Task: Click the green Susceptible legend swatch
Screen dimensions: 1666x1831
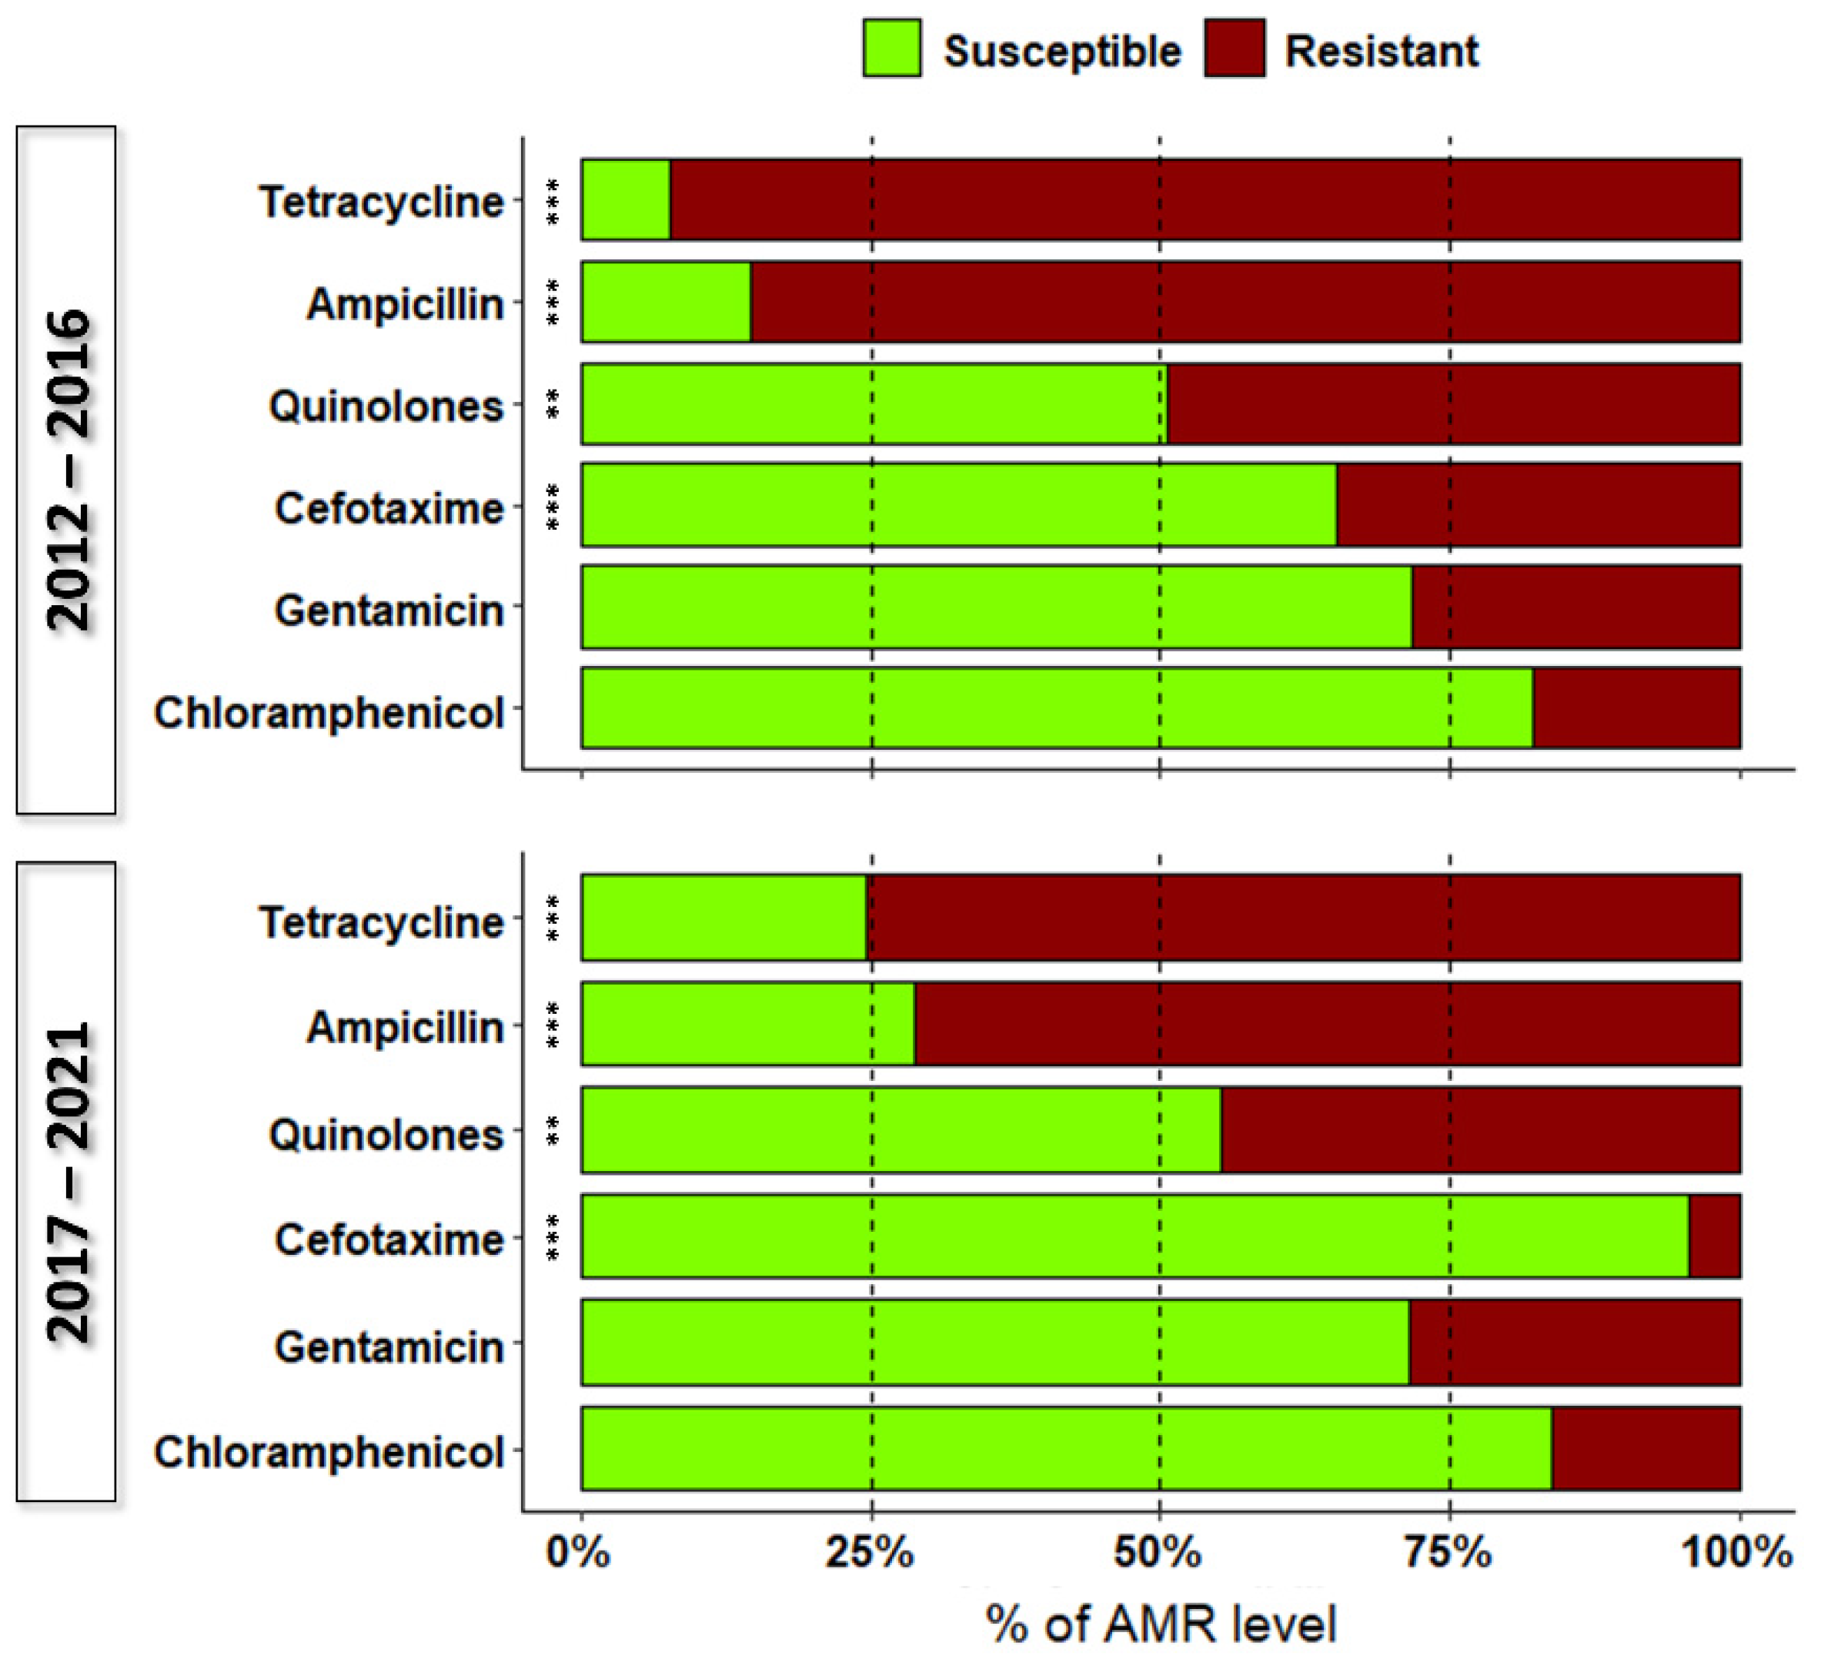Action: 891,49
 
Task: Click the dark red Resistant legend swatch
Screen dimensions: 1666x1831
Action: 1235,49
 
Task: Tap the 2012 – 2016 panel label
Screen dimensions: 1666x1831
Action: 66,470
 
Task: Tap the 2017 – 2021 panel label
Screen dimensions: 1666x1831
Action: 66,1181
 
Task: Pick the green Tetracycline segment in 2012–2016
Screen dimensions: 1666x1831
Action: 626,200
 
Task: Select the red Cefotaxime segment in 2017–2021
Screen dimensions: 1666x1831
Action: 1714,1236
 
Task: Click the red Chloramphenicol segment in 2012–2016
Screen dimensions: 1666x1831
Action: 1636,708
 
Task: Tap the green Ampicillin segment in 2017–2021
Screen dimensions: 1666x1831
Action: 747,1024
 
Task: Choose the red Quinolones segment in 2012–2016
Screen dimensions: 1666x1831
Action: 1453,404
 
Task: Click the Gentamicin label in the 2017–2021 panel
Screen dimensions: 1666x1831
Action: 389,1347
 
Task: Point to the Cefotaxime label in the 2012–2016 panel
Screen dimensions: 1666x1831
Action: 389,508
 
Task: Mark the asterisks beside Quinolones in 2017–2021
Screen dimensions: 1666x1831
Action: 552,1132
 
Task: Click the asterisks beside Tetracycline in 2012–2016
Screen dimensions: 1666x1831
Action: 552,202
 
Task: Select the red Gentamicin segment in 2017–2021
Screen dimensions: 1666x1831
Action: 1574,1342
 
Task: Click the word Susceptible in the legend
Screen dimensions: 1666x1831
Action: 1061,51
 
